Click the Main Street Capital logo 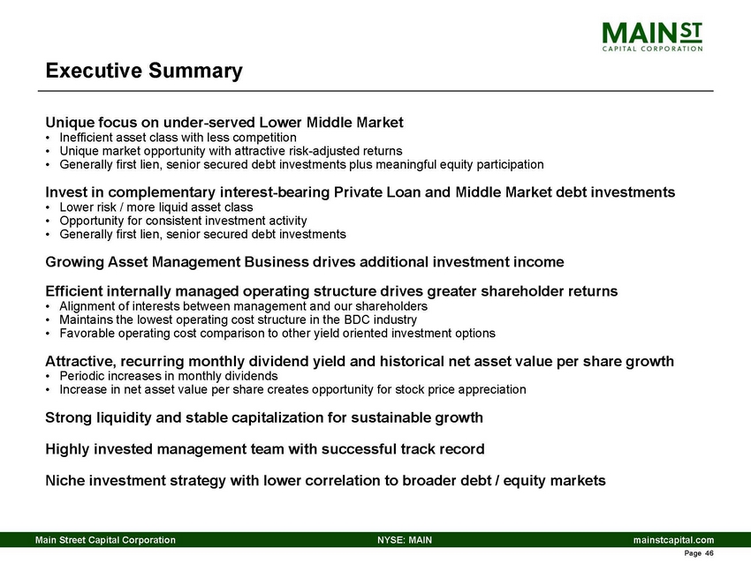click(652, 36)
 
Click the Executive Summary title click(144, 70)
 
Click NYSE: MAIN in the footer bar click(404, 539)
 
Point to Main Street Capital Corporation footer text click(104, 539)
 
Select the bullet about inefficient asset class click(177, 138)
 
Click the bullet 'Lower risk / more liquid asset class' click(156, 207)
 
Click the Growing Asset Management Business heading click(304, 262)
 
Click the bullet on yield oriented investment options click(277, 333)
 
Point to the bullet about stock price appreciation click(292, 389)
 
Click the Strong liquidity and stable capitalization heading click(263, 417)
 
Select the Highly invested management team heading click(264, 449)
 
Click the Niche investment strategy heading click(325, 481)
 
